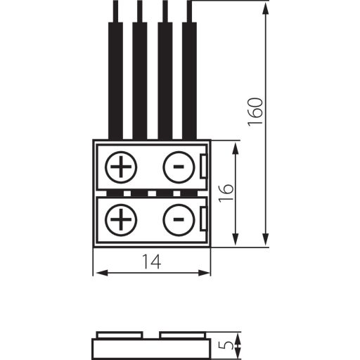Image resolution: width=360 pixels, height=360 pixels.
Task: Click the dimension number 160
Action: tap(255, 112)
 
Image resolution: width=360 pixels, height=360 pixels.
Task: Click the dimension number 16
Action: tap(226, 193)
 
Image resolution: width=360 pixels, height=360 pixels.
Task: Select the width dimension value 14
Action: tap(152, 262)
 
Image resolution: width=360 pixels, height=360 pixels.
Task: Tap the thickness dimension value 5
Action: tap(226, 345)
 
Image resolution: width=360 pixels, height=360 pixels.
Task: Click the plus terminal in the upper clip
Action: tap(121, 167)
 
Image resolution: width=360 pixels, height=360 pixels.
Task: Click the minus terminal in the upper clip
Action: tap(179, 167)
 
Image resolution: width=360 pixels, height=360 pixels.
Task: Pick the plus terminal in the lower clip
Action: tap(121, 219)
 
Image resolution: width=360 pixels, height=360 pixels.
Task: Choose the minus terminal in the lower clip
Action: tap(179, 219)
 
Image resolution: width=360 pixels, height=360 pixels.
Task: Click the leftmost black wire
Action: tap(115, 70)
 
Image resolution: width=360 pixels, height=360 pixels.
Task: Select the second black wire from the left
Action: tap(140, 70)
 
